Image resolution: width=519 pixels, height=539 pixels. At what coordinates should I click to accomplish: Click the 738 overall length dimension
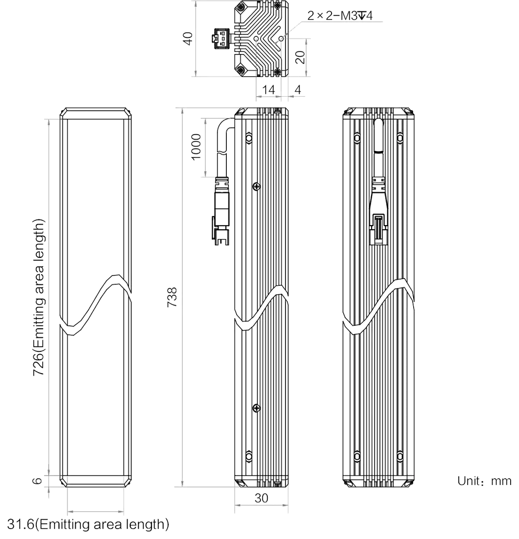click(172, 297)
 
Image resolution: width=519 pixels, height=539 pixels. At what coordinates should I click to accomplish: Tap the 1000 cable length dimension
click(196, 147)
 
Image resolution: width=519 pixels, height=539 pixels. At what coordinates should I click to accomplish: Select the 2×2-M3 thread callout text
click(340, 16)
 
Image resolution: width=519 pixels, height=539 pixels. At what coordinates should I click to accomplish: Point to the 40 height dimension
click(188, 38)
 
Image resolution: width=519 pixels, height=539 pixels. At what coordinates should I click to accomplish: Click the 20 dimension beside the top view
click(300, 57)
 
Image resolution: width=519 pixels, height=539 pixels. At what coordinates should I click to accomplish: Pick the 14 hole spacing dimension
click(268, 90)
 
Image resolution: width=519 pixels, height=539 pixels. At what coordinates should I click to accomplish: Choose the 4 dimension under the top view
click(297, 90)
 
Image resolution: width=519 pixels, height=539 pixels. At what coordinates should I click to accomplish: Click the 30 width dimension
click(261, 498)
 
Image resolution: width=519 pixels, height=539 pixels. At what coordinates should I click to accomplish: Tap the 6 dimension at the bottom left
click(37, 480)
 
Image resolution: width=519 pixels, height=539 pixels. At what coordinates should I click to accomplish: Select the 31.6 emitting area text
click(88, 524)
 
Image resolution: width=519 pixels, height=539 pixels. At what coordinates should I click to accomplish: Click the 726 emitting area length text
click(39, 297)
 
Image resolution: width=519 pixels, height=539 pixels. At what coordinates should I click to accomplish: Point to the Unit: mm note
click(484, 481)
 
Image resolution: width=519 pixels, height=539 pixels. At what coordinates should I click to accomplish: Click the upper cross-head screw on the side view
click(257, 187)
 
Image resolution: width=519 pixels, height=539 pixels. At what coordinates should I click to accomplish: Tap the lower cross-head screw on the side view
click(257, 408)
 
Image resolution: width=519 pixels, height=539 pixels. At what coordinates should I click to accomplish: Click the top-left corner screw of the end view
click(241, 6)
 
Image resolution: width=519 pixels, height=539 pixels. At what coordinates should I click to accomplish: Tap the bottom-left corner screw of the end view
click(241, 70)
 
